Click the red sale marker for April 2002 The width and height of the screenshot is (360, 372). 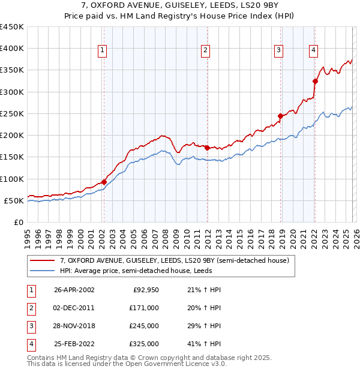click(104, 182)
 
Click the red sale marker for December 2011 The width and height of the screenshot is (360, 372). click(207, 148)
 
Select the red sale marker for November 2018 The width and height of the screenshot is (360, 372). click(280, 116)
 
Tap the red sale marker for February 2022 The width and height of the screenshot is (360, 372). click(315, 81)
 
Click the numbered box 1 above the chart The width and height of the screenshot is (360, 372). click(103, 50)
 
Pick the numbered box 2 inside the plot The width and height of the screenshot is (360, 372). click(205, 50)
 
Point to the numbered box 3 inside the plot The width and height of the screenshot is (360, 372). click(279, 50)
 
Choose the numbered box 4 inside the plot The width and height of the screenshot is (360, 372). click(313, 50)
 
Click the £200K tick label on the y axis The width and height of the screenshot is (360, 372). click(12, 136)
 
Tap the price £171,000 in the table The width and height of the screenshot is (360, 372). click(144, 307)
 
